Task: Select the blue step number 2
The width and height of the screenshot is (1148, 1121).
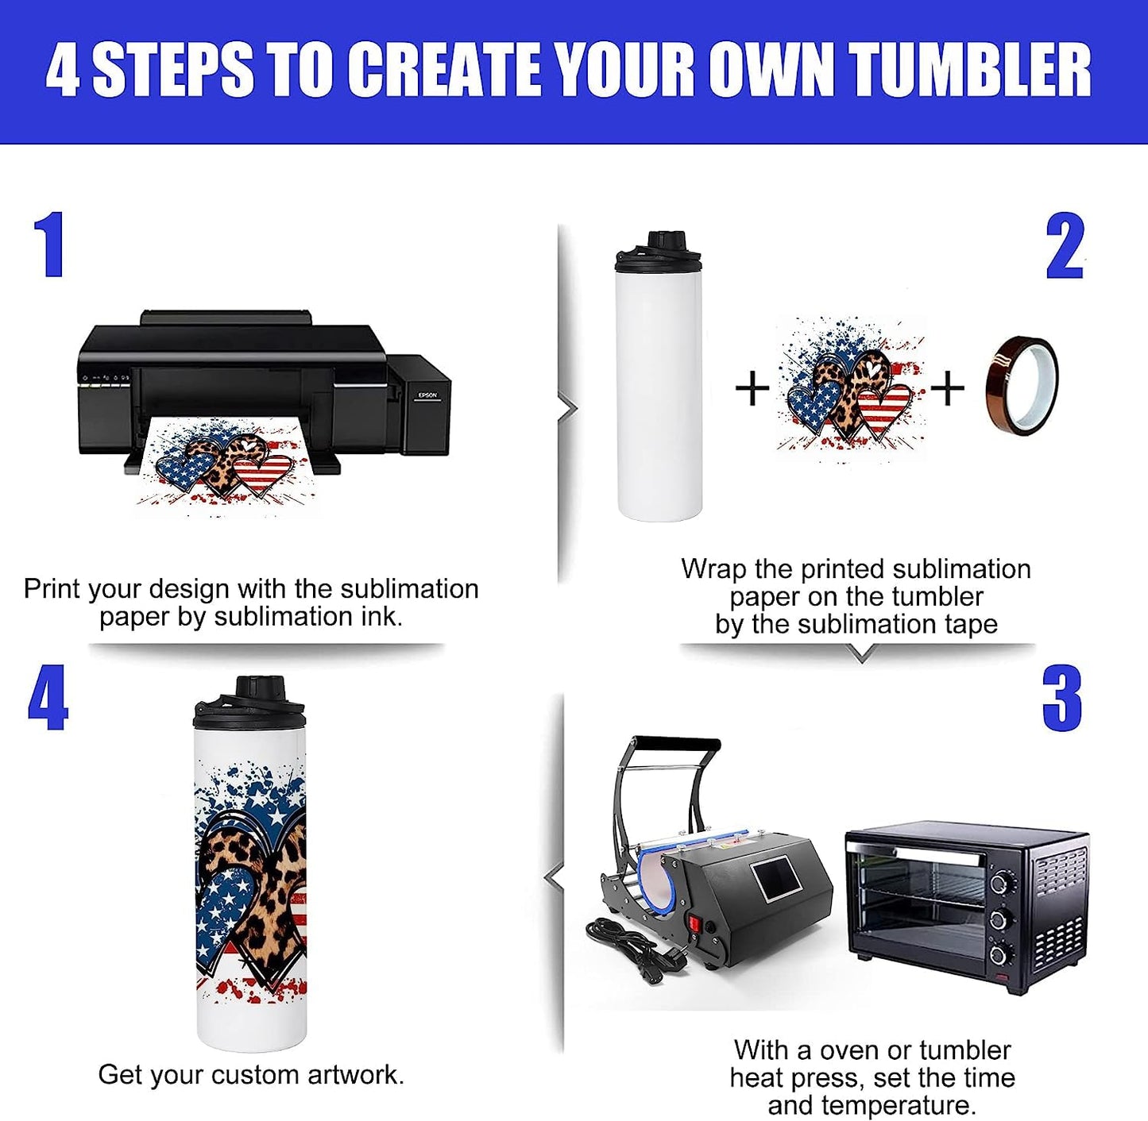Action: pyautogui.click(x=1065, y=246)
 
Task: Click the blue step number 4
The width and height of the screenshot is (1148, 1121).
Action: pyautogui.click(x=48, y=697)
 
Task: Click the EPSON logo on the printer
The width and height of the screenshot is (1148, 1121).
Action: pyautogui.click(x=427, y=395)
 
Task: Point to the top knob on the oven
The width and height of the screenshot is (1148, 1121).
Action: pyautogui.click(x=999, y=883)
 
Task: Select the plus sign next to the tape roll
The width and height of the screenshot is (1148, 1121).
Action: pyautogui.click(x=947, y=388)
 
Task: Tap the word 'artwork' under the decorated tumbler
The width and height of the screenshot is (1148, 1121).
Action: pyautogui.click(x=356, y=1075)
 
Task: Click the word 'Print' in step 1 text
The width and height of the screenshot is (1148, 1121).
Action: pyautogui.click(x=52, y=589)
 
